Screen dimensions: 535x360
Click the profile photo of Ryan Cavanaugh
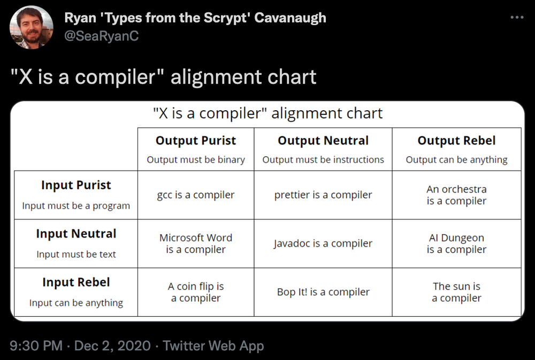(x=32, y=27)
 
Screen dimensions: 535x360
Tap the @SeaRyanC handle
(x=102, y=36)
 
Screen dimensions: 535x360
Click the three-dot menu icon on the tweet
(x=517, y=17)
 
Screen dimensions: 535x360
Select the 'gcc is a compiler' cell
(x=196, y=195)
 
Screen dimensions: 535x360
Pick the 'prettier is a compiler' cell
(x=323, y=195)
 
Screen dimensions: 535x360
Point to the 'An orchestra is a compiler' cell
(x=456, y=195)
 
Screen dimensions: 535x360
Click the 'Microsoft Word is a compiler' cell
(x=196, y=243)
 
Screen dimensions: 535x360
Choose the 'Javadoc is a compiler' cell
(x=323, y=243)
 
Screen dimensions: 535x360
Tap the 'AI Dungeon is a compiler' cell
(x=456, y=243)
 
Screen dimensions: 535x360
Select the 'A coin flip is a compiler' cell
(x=196, y=292)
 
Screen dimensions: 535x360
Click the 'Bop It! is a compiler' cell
(x=323, y=292)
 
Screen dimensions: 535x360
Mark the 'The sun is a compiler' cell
(x=456, y=292)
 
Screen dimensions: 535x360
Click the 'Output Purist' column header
(x=196, y=141)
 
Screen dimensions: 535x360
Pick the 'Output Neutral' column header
(x=323, y=141)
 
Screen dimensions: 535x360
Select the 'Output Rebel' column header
(x=456, y=141)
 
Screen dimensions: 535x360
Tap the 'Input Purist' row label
(x=76, y=185)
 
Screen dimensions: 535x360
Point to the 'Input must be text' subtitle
(x=76, y=254)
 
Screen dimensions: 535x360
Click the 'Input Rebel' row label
(x=76, y=282)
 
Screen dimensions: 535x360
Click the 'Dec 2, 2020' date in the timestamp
(x=112, y=346)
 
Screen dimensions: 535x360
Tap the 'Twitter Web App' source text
(x=213, y=346)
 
